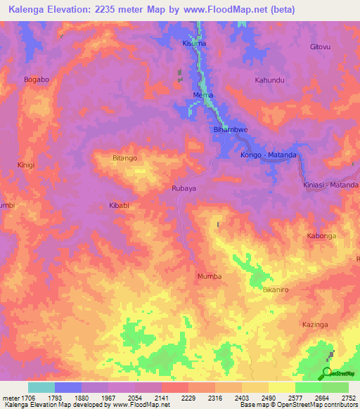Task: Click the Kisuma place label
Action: [x=195, y=44]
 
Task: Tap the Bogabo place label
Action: [x=37, y=79]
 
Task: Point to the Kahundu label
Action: [x=269, y=80]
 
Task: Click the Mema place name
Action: [x=202, y=95]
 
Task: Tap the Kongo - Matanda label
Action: [x=269, y=155]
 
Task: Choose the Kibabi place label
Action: [x=118, y=206]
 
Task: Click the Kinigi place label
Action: [x=25, y=165]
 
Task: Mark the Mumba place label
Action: [x=210, y=276]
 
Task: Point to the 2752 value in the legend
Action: [x=349, y=397]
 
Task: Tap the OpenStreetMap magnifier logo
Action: [x=327, y=371]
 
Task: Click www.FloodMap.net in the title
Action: [x=236, y=9]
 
